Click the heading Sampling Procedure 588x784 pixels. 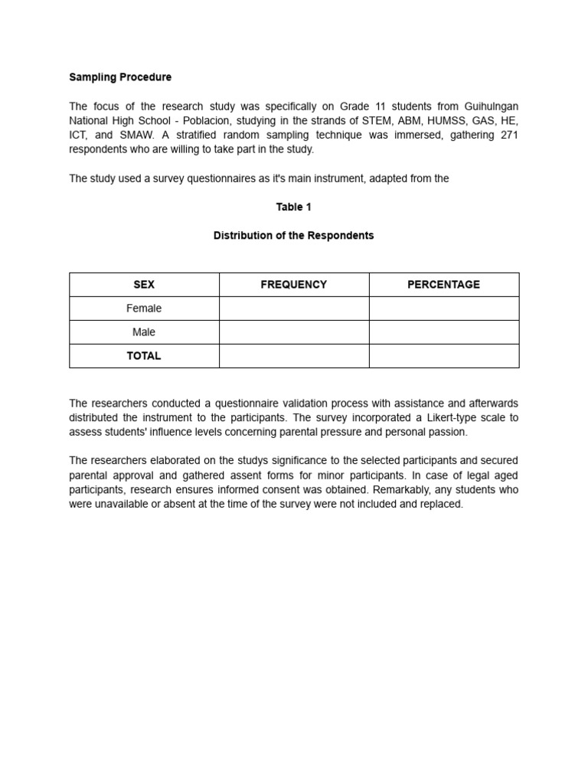tap(120, 77)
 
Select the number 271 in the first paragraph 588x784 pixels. tap(508, 135)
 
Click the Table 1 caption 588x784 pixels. tap(293, 207)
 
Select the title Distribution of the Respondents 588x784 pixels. tap(293, 236)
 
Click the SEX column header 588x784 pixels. tap(144, 285)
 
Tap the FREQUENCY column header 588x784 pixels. tap(293, 285)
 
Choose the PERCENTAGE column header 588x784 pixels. tap(443, 285)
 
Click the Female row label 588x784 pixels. tap(144, 309)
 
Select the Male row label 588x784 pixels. tap(144, 332)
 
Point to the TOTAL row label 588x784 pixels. tap(144, 356)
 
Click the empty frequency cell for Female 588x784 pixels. tap(294, 309)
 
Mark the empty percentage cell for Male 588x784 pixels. tap(444, 332)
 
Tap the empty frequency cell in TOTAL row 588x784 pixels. tap(294, 356)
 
